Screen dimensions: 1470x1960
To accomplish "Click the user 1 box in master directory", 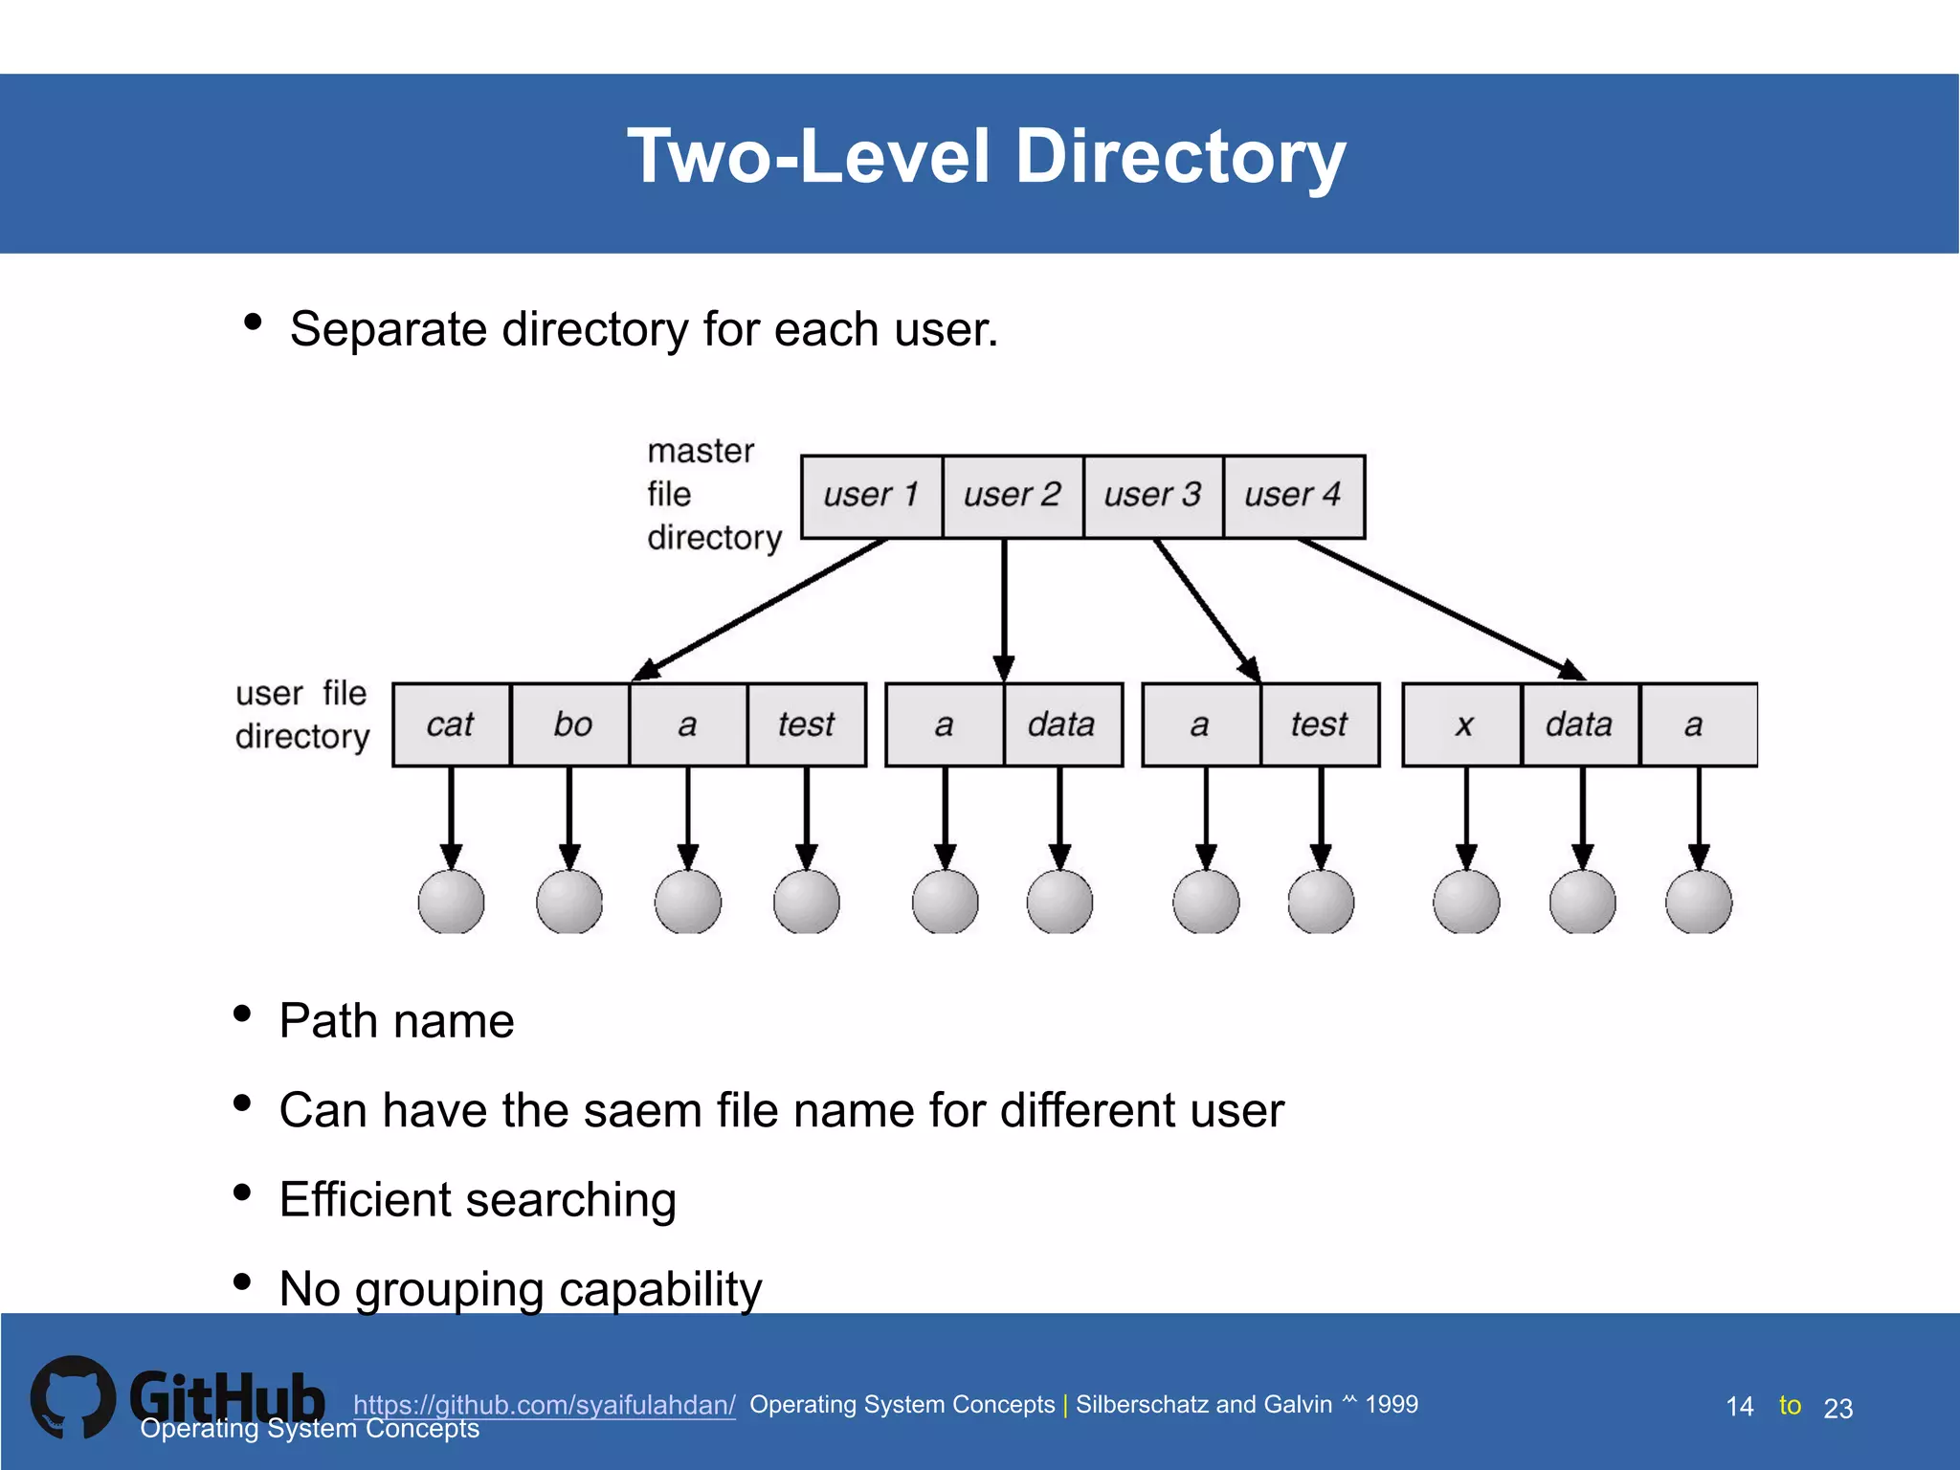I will [871, 496].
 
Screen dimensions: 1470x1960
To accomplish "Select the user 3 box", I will [1152, 496].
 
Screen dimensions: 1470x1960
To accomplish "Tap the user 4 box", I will [1293, 496].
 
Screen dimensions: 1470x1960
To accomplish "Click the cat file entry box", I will [451, 724].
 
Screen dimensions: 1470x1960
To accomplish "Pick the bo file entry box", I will [570, 724].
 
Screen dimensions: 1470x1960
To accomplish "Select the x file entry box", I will [1461, 724].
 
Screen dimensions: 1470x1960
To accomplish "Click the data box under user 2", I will [1062, 724].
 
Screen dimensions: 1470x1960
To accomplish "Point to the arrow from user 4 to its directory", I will [1440, 609].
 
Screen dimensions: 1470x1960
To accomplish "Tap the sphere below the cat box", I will [451, 902].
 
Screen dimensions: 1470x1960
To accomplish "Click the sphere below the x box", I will [1466, 902].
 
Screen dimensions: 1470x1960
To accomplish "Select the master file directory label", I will [713, 494].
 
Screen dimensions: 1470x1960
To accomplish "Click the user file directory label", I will [301, 714].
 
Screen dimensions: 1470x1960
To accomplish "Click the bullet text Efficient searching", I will [478, 1199].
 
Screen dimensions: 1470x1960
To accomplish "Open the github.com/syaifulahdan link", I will [544, 1404].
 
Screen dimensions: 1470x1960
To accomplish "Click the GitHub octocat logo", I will [73, 1397].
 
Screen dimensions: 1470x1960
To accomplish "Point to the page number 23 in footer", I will [1837, 1408].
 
